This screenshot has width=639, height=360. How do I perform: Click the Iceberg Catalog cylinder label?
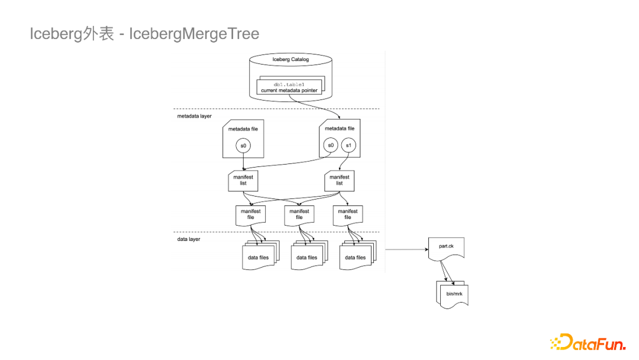[x=291, y=60]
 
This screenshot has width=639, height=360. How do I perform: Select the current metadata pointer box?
[x=289, y=90]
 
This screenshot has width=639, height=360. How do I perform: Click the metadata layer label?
[x=194, y=116]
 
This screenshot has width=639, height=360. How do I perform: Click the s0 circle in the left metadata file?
[x=243, y=145]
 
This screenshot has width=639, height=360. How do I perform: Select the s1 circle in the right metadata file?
[x=348, y=145]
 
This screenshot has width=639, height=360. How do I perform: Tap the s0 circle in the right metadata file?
[x=330, y=145]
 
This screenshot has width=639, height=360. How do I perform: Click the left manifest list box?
[x=243, y=180]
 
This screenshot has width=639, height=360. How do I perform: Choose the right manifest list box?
[x=340, y=180]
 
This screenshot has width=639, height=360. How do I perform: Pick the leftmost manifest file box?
[x=250, y=214]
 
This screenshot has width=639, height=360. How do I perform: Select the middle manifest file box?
[x=299, y=214]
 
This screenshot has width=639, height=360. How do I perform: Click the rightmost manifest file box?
[x=348, y=214]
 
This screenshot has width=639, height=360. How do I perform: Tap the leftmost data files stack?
[x=258, y=257]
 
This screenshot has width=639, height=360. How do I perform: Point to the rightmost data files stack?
[x=356, y=257]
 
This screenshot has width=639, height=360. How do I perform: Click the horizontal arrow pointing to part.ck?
[x=406, y=250]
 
